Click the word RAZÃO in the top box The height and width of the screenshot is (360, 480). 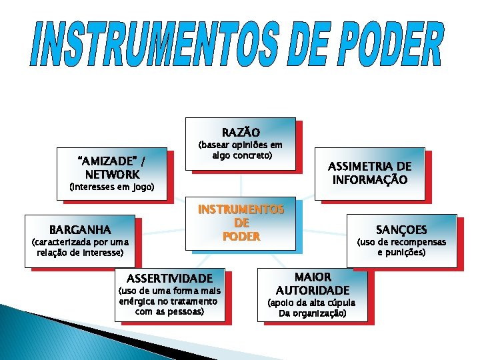pos(240,132)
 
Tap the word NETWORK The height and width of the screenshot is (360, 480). pos(112,174)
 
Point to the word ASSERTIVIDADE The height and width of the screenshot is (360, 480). pos(170,278)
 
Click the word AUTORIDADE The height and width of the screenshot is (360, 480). pos(313,290)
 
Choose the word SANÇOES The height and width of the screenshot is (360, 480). pos(401,229)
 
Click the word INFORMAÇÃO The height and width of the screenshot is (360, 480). pos(370,180)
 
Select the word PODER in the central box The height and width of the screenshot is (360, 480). pos(241,237)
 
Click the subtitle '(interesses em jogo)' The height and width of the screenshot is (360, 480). pos(112,188)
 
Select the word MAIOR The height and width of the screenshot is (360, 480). pos(313,276)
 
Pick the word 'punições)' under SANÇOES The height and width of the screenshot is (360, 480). pos(408,252)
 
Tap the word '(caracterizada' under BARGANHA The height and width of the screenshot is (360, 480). pos(59,242)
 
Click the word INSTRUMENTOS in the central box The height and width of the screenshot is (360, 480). pos(241,209)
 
